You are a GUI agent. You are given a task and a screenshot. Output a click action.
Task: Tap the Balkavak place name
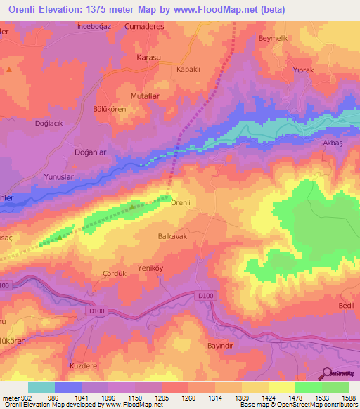click(x=172, y=238)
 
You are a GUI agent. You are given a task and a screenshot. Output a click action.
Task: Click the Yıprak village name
click(x=303, y=70)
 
